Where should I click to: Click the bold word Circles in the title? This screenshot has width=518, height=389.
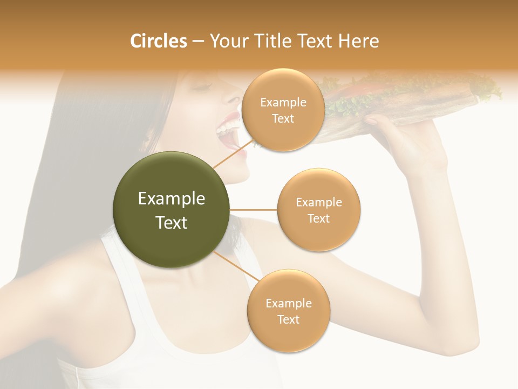click(158, 41)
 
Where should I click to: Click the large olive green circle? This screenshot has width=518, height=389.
click(172, 210)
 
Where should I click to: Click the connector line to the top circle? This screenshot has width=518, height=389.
click(233, 153)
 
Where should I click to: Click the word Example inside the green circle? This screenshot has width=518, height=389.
click(172, 199)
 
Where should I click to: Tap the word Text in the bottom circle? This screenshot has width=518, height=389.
click(288, 319)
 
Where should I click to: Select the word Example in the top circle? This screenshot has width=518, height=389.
click(283, 103)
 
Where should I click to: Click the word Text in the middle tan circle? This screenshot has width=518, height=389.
click(318, 218)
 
